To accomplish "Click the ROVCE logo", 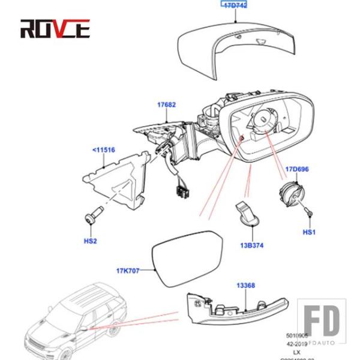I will coord(55,28).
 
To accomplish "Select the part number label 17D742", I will coord(235,5).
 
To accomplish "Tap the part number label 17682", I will coord(166,104).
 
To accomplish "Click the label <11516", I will coord(103,149).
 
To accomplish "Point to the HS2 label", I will coord(90,241).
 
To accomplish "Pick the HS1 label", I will coord(308,232).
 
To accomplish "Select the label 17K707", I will coord(128,271).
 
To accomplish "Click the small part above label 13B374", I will coord(247,214).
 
